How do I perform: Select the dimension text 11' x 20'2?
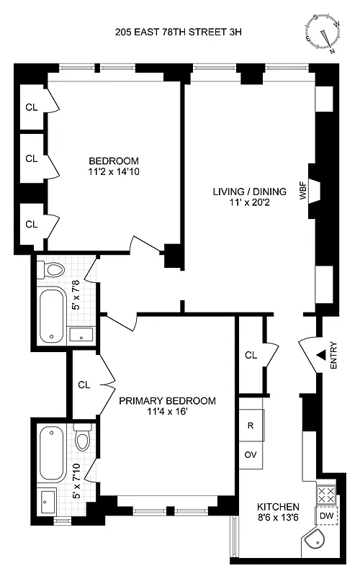tap(249, 204)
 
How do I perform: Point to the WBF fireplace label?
tap(303, 192)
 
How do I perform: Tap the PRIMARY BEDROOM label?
tap(167, 401)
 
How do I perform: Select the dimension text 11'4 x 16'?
tap(167, 413)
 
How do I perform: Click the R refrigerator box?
tap(251, 426)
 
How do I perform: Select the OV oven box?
tap(251, 455)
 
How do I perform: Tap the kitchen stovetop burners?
tap(325, 495)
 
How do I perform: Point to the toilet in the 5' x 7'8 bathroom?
tap(53, 270)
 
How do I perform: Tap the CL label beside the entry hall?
tap(251, 355)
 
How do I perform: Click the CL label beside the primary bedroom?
tap(84, 384)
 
